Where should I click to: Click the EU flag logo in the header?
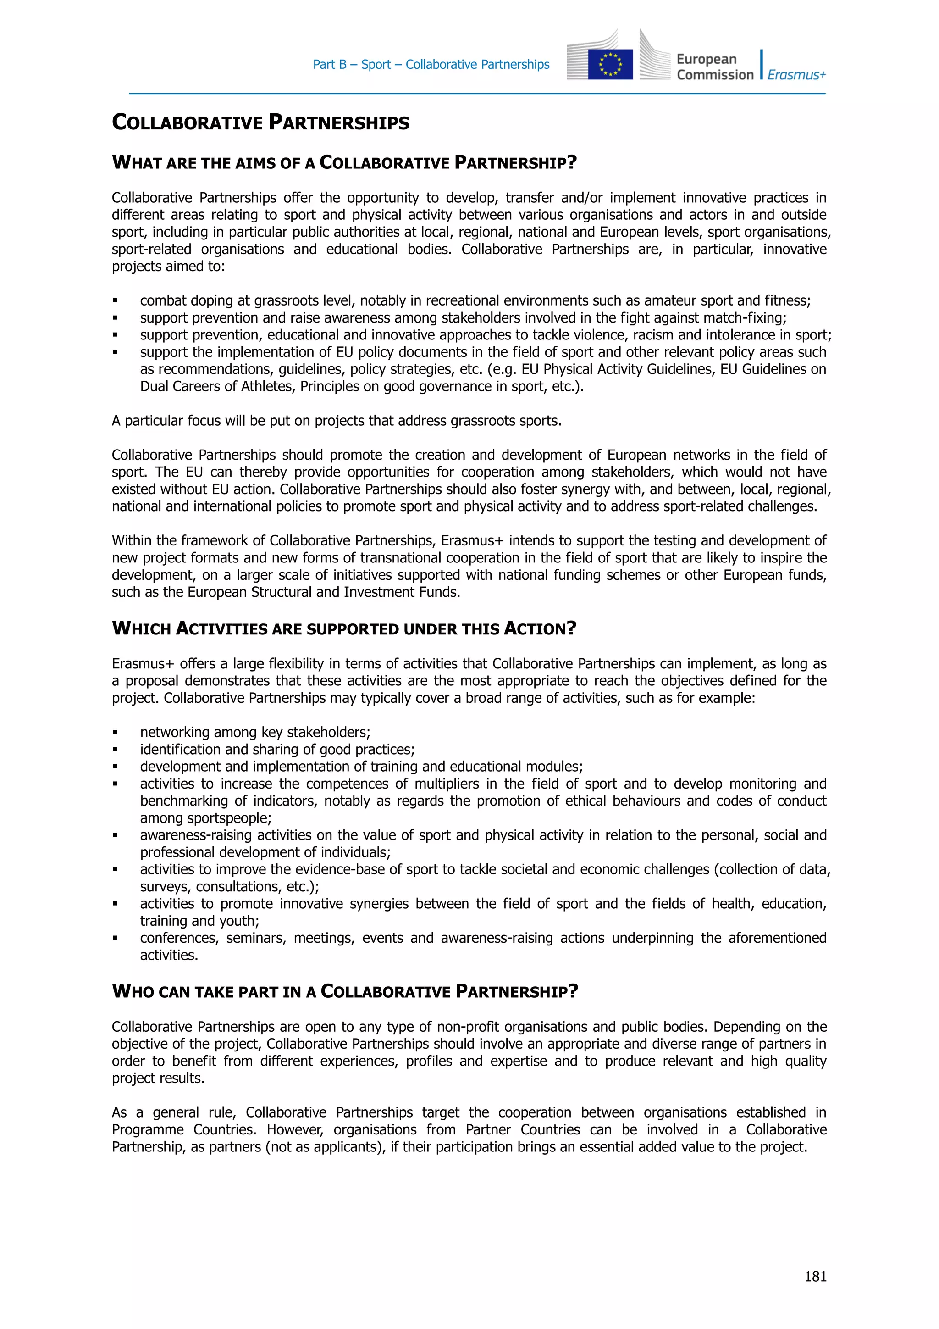610,64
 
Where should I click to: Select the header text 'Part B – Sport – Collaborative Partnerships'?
431,64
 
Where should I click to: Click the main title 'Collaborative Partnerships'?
260,122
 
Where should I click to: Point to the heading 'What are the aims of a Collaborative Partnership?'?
344,163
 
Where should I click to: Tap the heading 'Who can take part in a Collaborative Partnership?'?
345,991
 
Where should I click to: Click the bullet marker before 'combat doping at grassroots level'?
116,301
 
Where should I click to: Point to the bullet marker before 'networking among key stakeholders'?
116,733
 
